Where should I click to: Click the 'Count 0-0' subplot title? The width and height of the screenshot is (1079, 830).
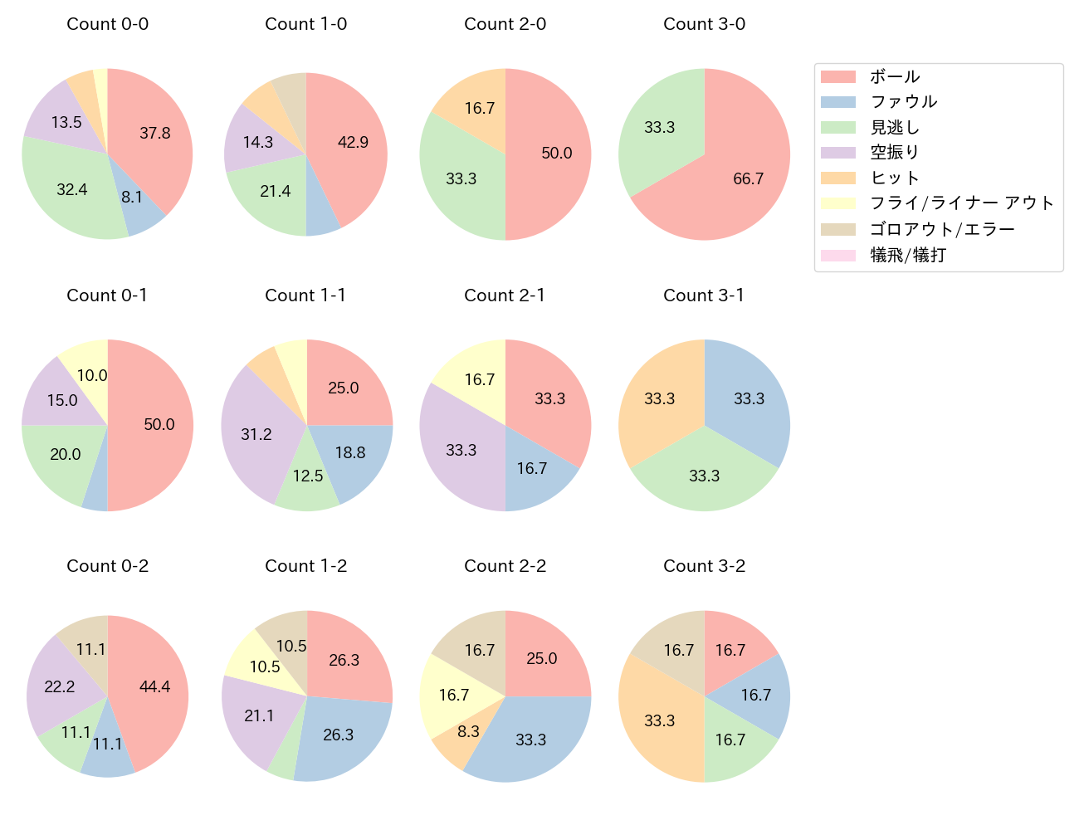pyautogui.click(x=108, y=24)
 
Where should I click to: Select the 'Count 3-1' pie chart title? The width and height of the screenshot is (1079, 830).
pyautogui.click(x=704, y=295)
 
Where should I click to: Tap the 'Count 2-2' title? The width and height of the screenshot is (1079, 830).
pyautogui.click(x=505, y=566)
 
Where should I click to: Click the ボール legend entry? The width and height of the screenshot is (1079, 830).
pyautogui.click(x=895, y=76)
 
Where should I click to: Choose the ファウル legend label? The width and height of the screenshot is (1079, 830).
pyautogui.click(x=904, y=102)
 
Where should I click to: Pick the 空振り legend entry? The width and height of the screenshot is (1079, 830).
pyautogui.click(x=895, y=153)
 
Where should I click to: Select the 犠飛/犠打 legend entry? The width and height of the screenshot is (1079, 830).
pyautogui.click(x=908, y=255)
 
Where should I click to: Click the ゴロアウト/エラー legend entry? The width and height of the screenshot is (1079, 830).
pyautogui.click(x=942, y=229)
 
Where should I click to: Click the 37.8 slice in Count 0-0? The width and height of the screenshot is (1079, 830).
pyautogui.click(x=154, y=137)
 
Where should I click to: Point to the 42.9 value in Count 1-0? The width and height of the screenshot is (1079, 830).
pyautogui.click(x=352, y=143)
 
